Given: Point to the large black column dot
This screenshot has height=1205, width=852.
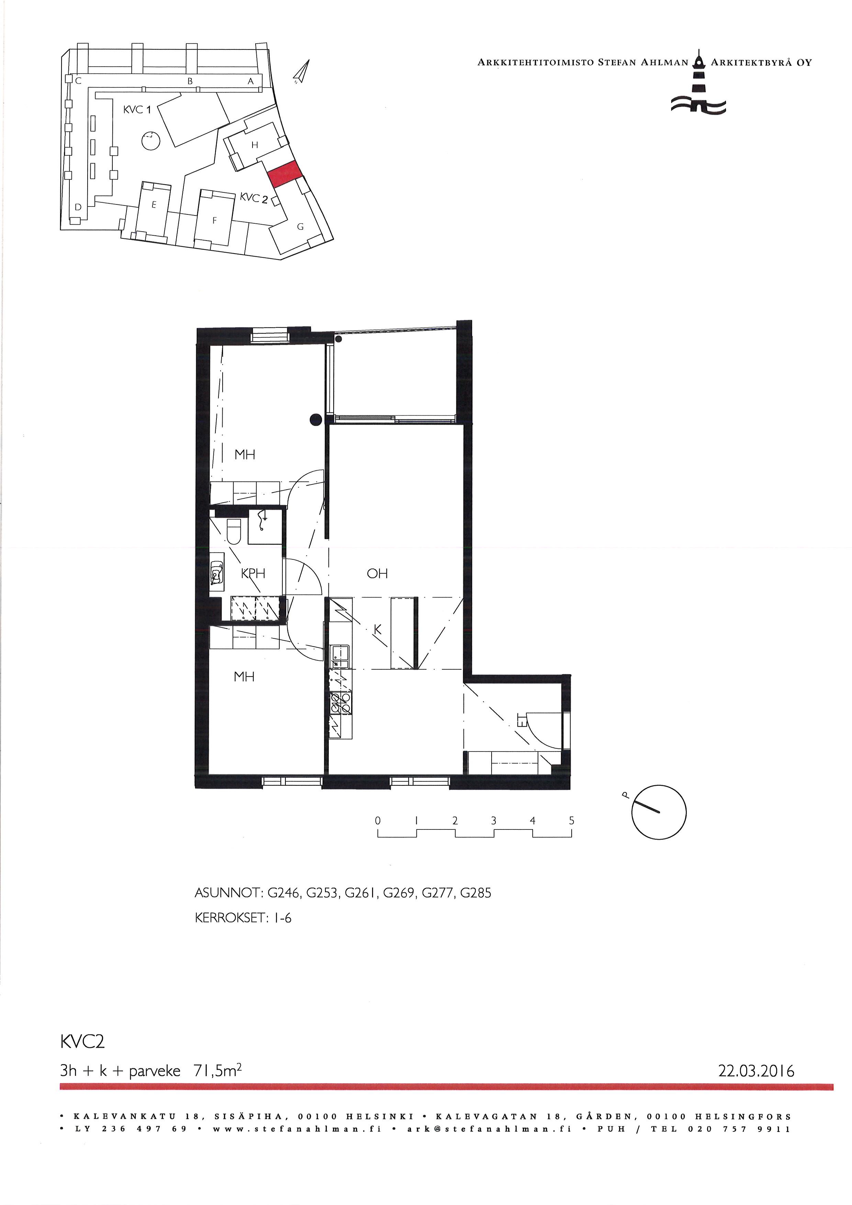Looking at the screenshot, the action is (x=315, y=419).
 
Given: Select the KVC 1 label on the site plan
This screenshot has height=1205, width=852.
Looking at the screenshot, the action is (x=137, y=110).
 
